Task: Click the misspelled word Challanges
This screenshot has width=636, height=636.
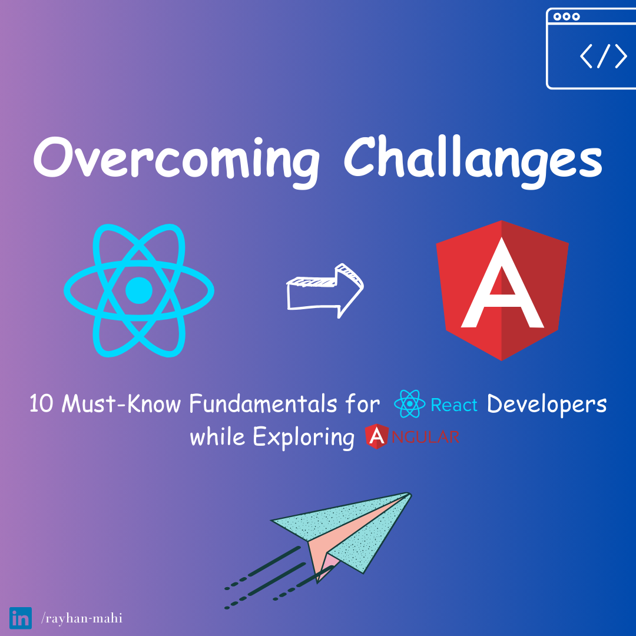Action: [x=473, y=160]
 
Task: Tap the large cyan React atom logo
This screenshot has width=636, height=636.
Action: [x=139, y=290]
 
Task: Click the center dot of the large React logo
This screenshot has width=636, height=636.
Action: [x=139, y=290]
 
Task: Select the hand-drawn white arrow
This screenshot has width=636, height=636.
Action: [x=325, y=291]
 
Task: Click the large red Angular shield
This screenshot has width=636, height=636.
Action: [x=502, y=290]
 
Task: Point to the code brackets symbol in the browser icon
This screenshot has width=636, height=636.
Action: [x=603, y=56]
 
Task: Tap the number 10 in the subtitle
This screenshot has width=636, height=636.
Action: [x=41, y=404]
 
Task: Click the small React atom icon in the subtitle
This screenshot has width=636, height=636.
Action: [x=410, y=403]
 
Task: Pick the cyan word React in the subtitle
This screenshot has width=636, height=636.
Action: [x=454, y=405]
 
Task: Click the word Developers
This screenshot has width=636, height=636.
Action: [x=546, y=405]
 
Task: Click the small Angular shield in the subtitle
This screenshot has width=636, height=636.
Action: [x=377, y=436]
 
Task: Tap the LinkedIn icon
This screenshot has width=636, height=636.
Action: [x=20, y=618]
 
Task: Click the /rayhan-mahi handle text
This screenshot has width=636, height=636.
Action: [x=81, y=618]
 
